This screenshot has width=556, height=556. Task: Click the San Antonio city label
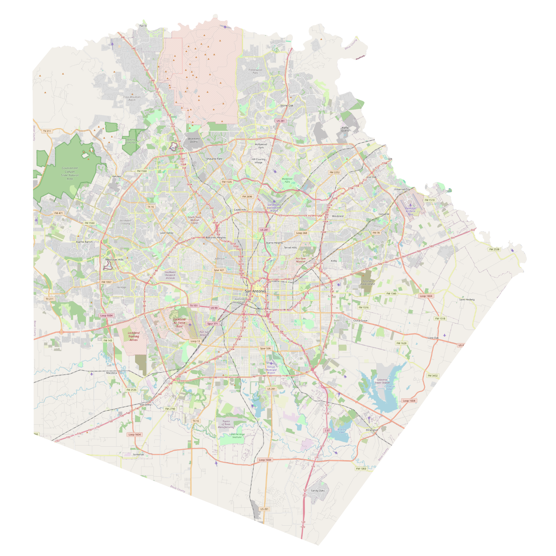click(255, 291)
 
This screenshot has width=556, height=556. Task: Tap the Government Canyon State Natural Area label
click(70, 173)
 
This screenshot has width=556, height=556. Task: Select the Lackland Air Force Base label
click(179, 322)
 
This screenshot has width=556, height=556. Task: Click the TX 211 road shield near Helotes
click(47, 131)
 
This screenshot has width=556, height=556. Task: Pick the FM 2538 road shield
click(494, 249)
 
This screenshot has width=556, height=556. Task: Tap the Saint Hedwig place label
click(467, 300)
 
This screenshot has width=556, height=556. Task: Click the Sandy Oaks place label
click(318, 491)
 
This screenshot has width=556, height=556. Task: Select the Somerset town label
click(138, 455)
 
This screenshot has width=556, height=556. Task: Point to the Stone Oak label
click(287, 106)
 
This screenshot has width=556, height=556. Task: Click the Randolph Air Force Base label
click(410, 211)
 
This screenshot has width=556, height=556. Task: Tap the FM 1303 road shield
click(361, 469)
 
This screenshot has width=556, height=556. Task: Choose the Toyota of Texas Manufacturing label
click(226, 424)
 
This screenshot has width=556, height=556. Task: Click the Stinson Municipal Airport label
click(271, 370)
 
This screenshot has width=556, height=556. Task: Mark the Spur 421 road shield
click(219, 270)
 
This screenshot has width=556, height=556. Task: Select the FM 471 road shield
click(59, 213)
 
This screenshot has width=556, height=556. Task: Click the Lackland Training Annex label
click(133, 336)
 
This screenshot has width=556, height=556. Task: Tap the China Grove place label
click(360, 321)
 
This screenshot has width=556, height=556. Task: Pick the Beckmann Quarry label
click(194, 140)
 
